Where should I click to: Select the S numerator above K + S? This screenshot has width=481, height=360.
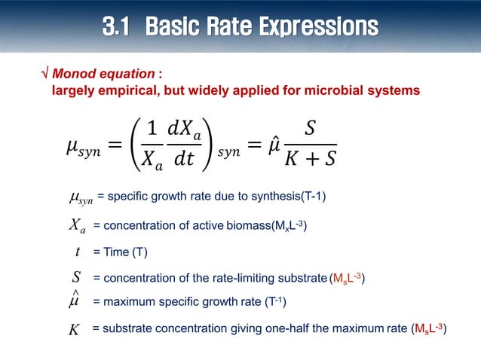click(x=310, y=128)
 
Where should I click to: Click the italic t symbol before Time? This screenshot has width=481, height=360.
click(x=78, y=252)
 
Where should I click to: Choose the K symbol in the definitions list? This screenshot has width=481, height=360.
click(x=74, y=330)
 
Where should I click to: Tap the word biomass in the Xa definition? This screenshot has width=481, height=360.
click(x=245, y=226)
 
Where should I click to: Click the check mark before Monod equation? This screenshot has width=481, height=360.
click(x=44, y=75)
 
